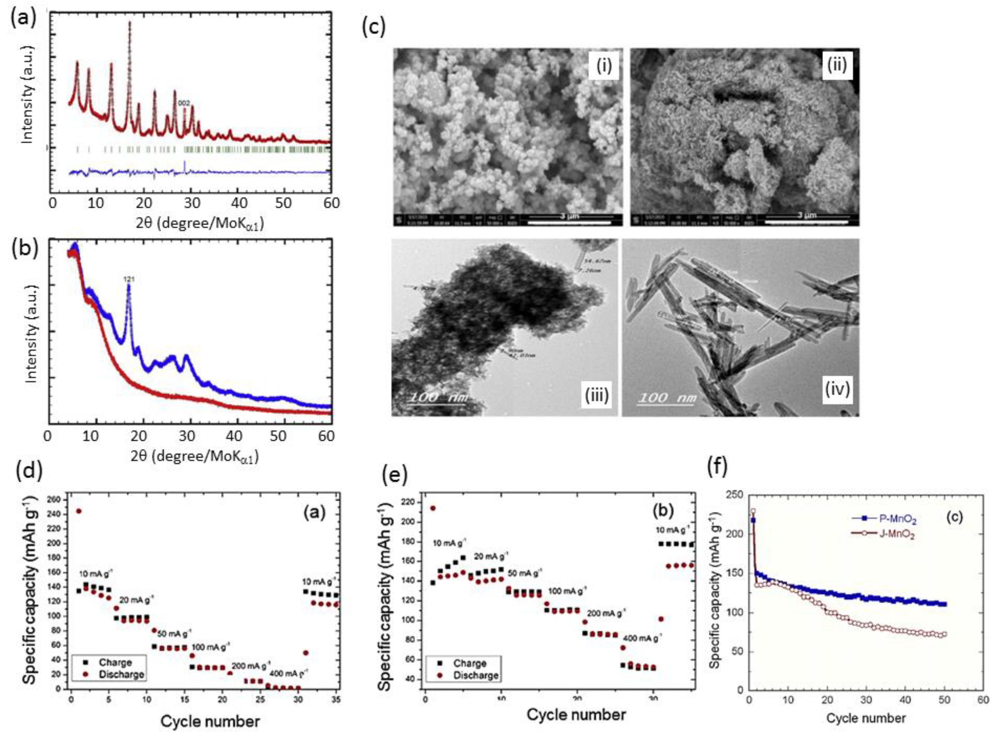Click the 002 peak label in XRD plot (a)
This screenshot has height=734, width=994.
tap(184, 103)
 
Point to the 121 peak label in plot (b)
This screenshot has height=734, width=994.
tap(129, 279)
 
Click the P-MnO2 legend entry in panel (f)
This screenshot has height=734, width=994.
tap(890, 518)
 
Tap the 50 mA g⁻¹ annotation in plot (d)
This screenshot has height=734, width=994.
tap(175, 633)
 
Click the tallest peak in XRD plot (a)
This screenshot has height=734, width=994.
tap(130, 22)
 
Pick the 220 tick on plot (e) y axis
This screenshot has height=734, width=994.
tap(408, 503)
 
